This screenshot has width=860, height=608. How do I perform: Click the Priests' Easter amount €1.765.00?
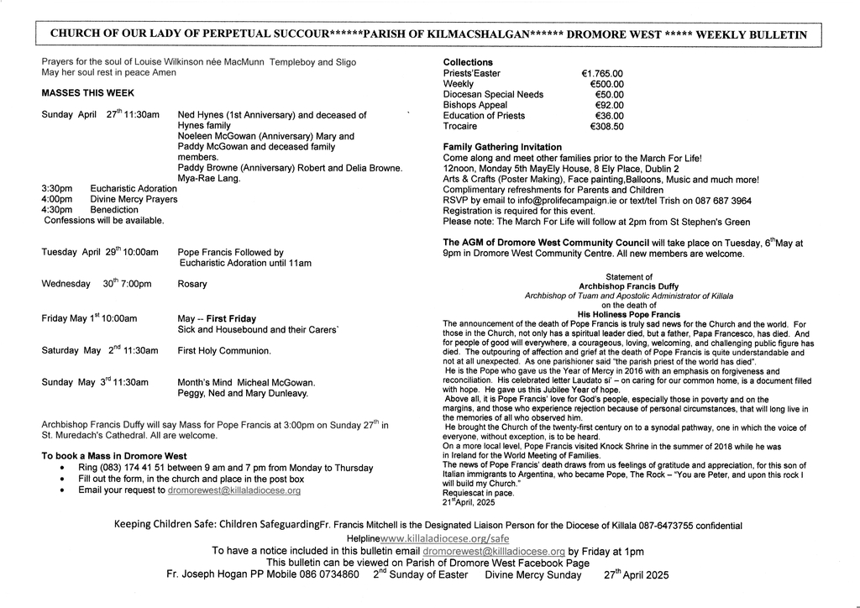coord(601,74)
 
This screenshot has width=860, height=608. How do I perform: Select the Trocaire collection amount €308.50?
coord(606,127)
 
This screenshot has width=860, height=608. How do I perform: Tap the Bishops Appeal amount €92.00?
coord(609,106)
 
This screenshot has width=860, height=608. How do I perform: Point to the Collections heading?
coord(468,63)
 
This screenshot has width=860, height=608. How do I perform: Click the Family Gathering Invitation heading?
coord(502,148)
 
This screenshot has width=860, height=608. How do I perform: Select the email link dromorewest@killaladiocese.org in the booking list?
coord(234,490)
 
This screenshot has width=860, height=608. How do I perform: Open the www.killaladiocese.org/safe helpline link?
coord(445,538)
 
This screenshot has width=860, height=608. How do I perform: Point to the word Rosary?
coord(192,285)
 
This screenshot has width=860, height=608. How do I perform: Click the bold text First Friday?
coord(232,319)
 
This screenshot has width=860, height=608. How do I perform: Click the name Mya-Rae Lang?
coord(209,179)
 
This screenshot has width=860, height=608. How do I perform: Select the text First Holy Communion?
coord(224,351)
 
